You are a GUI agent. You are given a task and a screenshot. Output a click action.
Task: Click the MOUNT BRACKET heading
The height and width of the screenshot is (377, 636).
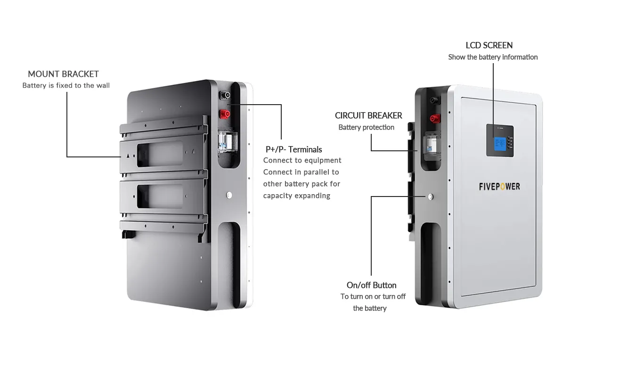pos(63,74)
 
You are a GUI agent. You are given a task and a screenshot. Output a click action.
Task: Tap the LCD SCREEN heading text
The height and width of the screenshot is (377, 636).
pos(489,45)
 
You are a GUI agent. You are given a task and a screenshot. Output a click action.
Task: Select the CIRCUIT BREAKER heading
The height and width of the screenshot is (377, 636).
pos(368,115)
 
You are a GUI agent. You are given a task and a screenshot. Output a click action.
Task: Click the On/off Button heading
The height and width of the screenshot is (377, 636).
pos(371,285)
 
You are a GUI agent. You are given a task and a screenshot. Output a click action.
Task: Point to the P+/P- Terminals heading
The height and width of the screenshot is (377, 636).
pos(294,149)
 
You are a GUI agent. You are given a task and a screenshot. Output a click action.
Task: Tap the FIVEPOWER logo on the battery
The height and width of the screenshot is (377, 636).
pos(499,187)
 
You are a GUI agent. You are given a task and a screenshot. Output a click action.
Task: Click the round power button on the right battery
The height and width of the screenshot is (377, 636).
pos(430,197)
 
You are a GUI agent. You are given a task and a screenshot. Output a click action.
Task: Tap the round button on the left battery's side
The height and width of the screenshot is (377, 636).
pos(229,194)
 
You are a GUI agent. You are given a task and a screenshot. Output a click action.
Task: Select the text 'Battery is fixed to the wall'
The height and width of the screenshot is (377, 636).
pos(66,86)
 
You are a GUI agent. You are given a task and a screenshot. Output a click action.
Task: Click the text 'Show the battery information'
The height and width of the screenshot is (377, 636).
pos(493,57)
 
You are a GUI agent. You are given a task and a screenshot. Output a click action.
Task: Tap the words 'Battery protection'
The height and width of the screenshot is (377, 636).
pos(366,127)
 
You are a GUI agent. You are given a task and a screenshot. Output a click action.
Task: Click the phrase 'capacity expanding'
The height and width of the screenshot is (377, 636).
pos(296,196)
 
